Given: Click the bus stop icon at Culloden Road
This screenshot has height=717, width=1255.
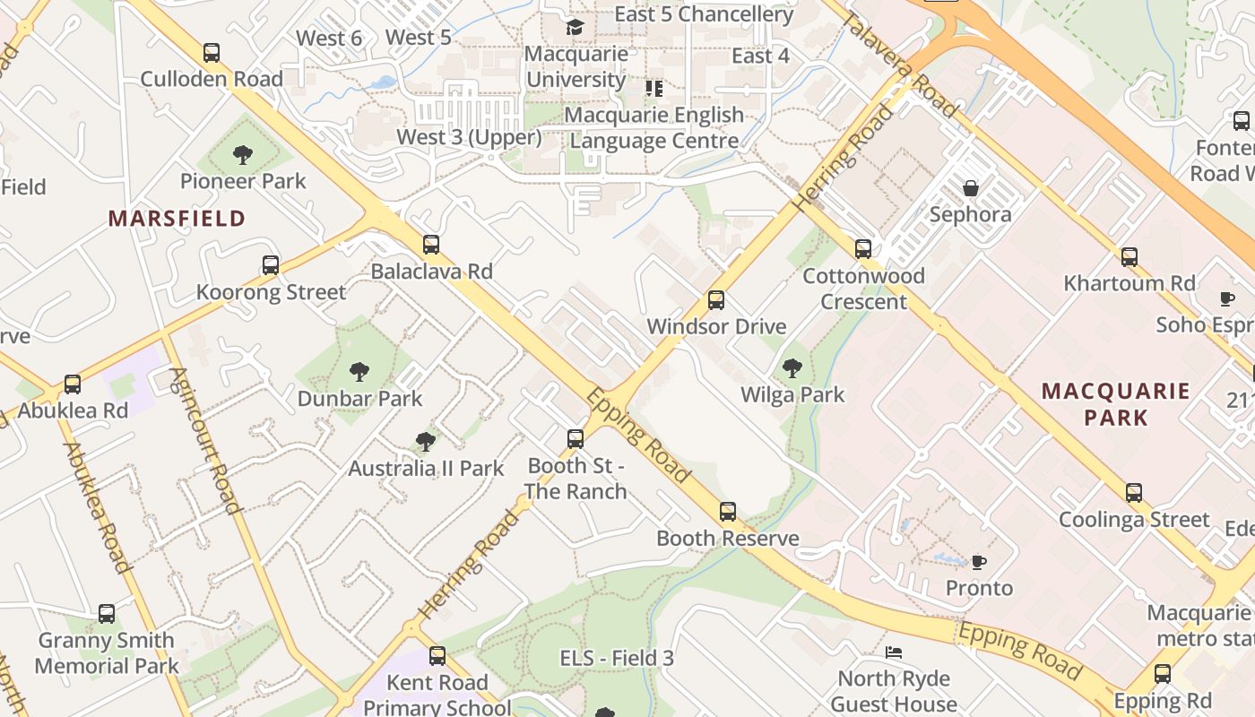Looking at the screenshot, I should (x=212, y=53).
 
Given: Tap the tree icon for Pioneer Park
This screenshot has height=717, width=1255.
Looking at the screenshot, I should (x=242, y=155).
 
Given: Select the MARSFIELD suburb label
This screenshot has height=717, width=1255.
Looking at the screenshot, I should (x=177, y=218).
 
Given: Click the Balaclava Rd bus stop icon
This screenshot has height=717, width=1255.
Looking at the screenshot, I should (x=431, y=245).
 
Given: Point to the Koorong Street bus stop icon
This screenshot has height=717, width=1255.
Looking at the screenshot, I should (x=271, y=265).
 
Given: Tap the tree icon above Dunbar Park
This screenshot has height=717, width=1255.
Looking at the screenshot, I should (x=359, y=371).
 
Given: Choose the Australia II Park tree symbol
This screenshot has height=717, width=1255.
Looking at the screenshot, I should (x=426, y=441).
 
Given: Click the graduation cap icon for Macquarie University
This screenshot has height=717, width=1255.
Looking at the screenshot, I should (x=575, y=27).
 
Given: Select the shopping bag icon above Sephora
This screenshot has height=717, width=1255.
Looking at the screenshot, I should (x=970, y=188).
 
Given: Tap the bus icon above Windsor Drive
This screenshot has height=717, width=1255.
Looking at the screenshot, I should (x=716, y=300).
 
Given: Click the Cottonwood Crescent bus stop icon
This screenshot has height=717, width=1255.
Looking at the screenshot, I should (x=863, y=249).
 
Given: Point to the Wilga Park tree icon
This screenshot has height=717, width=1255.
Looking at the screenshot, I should (x=792, y=367).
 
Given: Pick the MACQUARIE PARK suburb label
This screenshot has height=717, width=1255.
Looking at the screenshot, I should (x=1115, y=403).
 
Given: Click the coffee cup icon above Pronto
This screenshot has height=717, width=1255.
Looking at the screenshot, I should (x=979, y=562).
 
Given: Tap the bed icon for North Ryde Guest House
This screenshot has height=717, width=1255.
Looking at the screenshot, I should (x=893, y=652).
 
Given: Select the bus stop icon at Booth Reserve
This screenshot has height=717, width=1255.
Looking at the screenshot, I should (x=728, y=512).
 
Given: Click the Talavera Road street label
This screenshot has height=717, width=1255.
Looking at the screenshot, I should (x=900, y=67).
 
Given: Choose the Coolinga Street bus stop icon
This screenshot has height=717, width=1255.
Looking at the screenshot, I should (x=1134, y=493).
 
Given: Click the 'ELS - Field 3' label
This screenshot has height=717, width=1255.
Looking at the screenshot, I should (x=617, y=658).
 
